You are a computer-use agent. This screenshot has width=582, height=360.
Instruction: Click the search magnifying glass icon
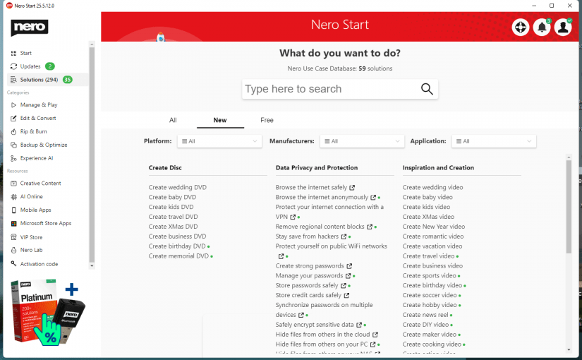pyautogui.click(x=427, y=89)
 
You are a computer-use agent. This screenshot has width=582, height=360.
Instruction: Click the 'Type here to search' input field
pyautogui.click(x=330, y=89)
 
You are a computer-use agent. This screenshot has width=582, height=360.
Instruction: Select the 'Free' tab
pyautogui.click(x=267, y=120)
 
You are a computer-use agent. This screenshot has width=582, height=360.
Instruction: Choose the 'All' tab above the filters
pyautogui.click(x=173, y=120)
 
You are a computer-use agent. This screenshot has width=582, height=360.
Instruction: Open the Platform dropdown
pyautogui.click(x=219, y=141)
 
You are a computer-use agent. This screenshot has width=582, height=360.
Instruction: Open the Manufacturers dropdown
pyautogui.click(x=361, y=141)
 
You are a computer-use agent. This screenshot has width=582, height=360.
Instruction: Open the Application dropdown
pyautogui.click(x=493, y=141)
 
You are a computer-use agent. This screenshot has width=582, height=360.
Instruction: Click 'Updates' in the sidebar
pyautogui.click(x=30, y=66)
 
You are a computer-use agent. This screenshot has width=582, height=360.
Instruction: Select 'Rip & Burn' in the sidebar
pyautogui.click(x=33, y=131)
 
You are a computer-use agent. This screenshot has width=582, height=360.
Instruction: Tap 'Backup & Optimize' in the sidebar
pyautogui.click(x=44, y=145)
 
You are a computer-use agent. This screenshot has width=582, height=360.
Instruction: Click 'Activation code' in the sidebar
pyautogui.click(x=39, y=264)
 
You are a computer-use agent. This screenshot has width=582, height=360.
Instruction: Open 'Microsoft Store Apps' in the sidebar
pyautogui.click(x=46, y=223)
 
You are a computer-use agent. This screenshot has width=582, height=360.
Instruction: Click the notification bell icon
pyautogui.click(x=542, y=28)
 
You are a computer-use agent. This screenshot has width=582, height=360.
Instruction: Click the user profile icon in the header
pyautogui.click(x=563, y=28)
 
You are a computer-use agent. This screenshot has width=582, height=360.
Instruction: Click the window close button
pyautogui.click(x=571, y=6)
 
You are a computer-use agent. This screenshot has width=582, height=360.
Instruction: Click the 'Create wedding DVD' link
pyautogui.click(x=177, y=187)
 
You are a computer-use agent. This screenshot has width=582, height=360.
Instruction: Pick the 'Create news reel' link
pyautogui.click(x=425, y=315)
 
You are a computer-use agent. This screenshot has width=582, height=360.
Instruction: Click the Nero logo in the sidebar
pyautogui.click(x=30, y=28)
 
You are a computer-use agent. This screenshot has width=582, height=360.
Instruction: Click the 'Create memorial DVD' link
pyautogui.click(x=178, y=256)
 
